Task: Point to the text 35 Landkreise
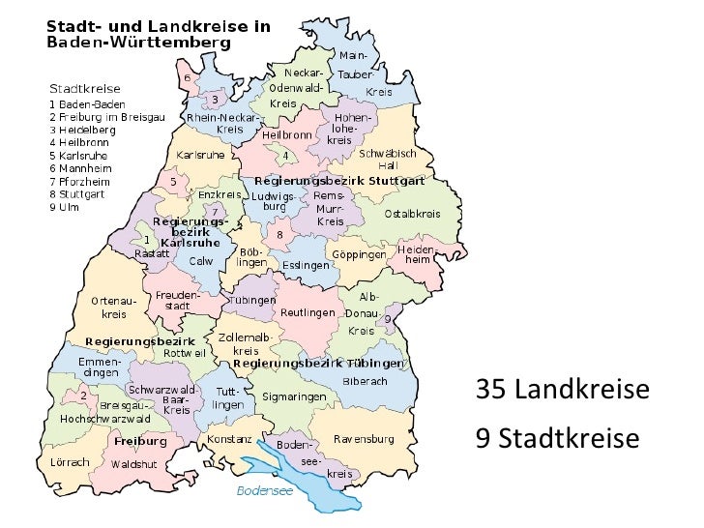pyautogui.click(x=562, y=391)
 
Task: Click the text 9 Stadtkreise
pyautogui.click(x=558, y=440)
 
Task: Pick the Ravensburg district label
pyautogui.click(x=364, y=438)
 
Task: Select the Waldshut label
pyautogui.click(x=133, y=464)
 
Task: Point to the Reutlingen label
pyautogui.click(x=307, y=312)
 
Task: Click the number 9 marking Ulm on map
pyautogui.click(x=388, y=318)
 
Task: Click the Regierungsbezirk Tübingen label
pyautogui.click(x=316, y=364)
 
